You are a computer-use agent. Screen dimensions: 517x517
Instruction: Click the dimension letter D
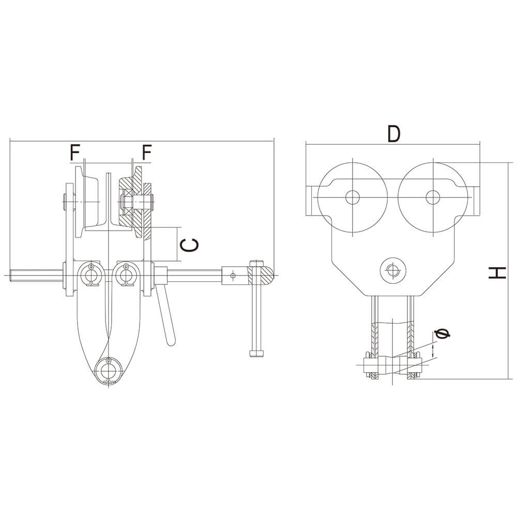click(394, 134)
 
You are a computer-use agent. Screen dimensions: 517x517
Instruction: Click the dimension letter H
click(497, 272)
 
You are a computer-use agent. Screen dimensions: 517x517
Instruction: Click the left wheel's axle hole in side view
click(353, 197)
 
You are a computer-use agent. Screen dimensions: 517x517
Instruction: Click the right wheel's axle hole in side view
click(432, 197)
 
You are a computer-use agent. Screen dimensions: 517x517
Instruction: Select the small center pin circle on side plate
click(392, 270)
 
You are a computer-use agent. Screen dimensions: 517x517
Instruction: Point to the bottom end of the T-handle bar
click(256, 354)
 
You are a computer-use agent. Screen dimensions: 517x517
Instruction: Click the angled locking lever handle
click(166, 318)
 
